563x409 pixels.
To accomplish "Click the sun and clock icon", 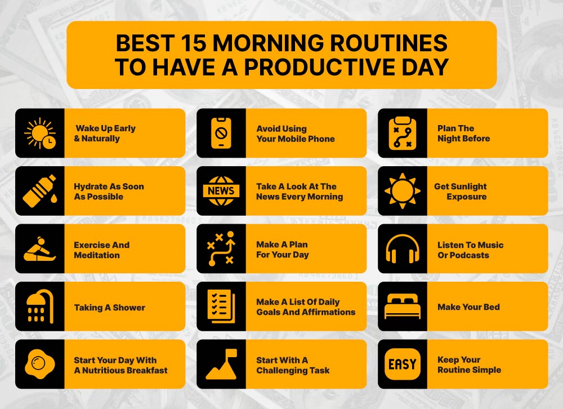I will click(x=39, y=134).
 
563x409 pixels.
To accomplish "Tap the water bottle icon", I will click(x=39, y=191).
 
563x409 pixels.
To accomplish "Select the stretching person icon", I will click(x=39, y=249).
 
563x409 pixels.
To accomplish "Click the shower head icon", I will click(x=39, y=307).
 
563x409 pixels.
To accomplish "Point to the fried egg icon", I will click(x=39, y=364).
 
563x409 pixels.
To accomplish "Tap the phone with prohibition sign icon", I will click(x=221, y=134).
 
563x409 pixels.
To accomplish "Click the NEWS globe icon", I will click(x=221, y=191).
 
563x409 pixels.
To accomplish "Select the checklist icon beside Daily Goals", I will click(x=221, y=306).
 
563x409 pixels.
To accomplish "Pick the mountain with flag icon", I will click(x=221, y=364).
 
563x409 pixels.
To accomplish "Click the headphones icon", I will click(x=402, y=249).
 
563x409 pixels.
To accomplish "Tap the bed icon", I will click(x=402, y=307).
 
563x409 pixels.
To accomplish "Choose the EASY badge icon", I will click(x=402, y=364).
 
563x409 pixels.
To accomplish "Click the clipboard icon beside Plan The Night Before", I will click(x=402, y=134).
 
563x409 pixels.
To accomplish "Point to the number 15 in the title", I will click(x=189, y=43).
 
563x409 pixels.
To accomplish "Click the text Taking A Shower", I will click(x=109, y=308).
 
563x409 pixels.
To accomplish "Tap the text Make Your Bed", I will click(x=468, y=307).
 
